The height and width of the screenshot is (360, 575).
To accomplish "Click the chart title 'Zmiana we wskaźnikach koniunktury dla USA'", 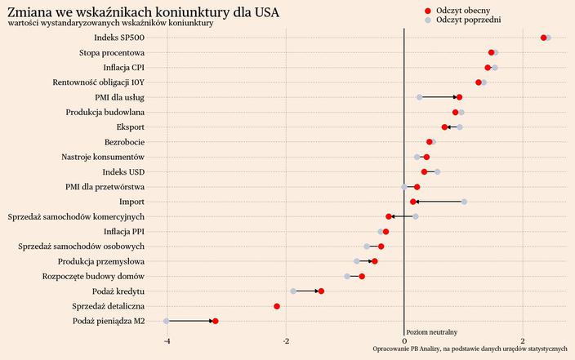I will [142, 11].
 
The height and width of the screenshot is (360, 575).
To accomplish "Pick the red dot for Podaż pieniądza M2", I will [215, 321].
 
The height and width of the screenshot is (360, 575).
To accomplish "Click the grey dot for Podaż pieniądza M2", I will [167, 321].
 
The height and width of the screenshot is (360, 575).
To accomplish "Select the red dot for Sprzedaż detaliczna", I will [277, 306].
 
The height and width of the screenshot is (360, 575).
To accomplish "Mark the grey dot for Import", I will [464, 202].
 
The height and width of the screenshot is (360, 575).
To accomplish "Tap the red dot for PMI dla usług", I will [459, 97].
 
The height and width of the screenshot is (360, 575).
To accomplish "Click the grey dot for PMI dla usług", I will [419, 97].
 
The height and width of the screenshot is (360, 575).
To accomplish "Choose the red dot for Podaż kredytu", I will [321, 291].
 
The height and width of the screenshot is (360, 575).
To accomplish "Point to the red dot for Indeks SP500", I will [543, 38].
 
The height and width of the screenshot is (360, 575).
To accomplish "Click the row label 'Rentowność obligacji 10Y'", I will [98, 82].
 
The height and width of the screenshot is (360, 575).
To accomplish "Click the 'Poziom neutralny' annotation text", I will [431, 332].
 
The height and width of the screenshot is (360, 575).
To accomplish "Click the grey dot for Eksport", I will [460, 127].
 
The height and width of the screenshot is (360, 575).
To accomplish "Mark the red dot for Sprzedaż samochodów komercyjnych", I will [389, 216].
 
